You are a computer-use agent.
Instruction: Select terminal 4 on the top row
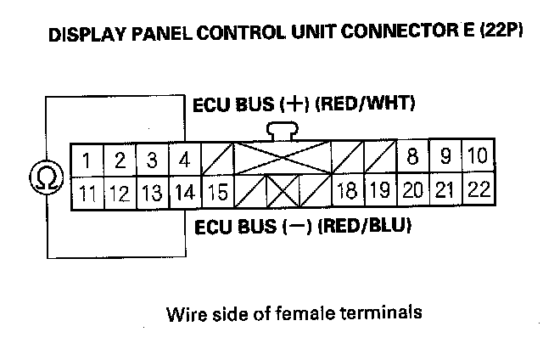point(183,160)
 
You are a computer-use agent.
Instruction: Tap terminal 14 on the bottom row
point(183,192)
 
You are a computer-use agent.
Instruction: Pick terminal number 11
point(87,192)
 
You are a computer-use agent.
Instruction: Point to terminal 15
point(217,192)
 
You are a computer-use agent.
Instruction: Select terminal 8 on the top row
point(413,157)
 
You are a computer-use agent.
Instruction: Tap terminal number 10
point(477,157)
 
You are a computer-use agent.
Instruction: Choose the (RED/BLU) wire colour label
point(365,228)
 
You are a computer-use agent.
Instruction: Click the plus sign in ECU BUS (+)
point(296,105)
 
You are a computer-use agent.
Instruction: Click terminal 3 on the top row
point(152,160)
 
